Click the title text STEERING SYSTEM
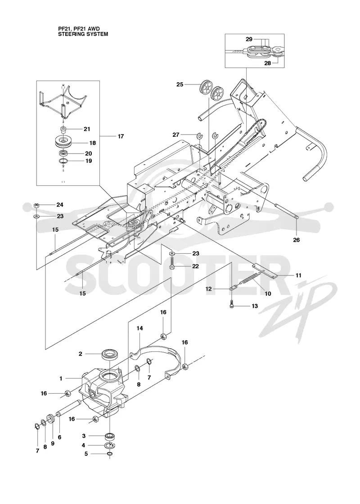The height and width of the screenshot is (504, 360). (83, 34)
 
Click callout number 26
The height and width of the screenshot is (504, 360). (297, 240)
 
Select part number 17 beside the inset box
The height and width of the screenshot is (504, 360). (121, 136)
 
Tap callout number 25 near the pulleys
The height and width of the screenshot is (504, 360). (180, 85)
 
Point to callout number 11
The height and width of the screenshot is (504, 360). (298, 275)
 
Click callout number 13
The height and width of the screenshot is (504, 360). (255, 306)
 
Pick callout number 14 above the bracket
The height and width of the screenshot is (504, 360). (139, 328)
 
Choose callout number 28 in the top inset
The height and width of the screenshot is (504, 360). (268, 63)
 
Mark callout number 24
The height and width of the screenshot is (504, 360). (60, 204)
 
